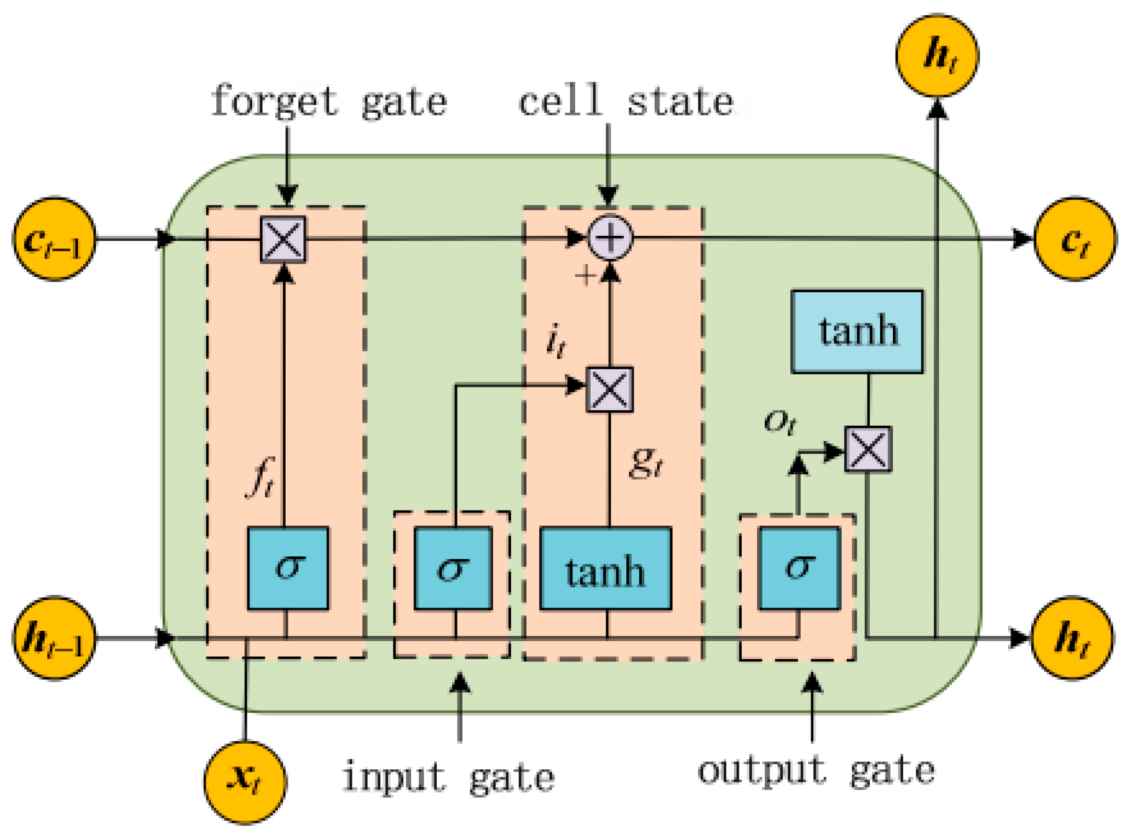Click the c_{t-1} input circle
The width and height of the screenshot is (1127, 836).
[x=54, y=239]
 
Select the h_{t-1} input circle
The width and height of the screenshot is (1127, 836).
[x=54, y=638]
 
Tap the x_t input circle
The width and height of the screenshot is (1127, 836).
[x=245, y=781]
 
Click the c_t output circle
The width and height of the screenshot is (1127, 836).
[x=1074, y=239]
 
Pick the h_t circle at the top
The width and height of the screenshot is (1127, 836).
[x=937, y=56]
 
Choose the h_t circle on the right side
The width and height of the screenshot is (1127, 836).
[x=1072, y=638]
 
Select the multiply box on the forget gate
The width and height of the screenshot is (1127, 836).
[x=283, y=239]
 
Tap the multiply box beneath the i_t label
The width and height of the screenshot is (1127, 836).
[x=610, y=389]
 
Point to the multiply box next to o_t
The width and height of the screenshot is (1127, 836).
[x=868, y=449]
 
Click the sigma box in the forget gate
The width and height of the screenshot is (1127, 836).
[x=288, y=568]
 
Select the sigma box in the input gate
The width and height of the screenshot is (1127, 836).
[x=453, y=568]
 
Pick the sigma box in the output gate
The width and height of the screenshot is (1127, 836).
[x=799, y=568]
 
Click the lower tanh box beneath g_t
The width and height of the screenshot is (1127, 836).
[x=605, y=568]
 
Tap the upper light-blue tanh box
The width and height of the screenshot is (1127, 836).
[x=857, y=332]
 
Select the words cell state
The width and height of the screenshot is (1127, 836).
[x=626, y=102]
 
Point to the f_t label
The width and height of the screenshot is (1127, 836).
[x=261, y=477]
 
